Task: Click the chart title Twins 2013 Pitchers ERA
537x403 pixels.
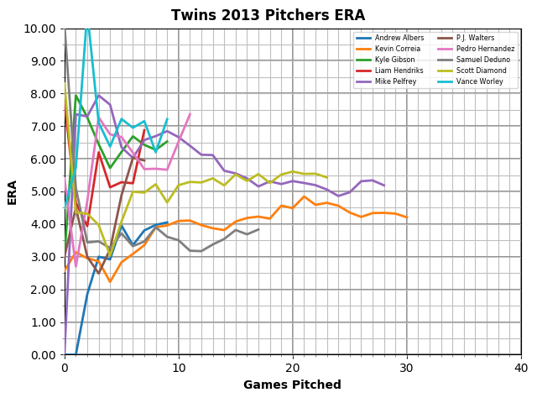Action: [268, 15]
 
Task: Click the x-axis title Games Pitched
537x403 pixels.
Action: [292, 385]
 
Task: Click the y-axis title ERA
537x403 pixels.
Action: [13, 191]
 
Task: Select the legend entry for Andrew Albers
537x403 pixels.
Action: [399, 38]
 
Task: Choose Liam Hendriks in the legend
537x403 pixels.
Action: [398, 71]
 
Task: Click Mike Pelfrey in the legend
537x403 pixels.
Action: [395, 81]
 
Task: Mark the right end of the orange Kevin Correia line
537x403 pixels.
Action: [407, 217]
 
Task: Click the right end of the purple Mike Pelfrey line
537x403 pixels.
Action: [384, 186]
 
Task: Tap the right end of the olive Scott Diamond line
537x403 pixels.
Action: [327, 177]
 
